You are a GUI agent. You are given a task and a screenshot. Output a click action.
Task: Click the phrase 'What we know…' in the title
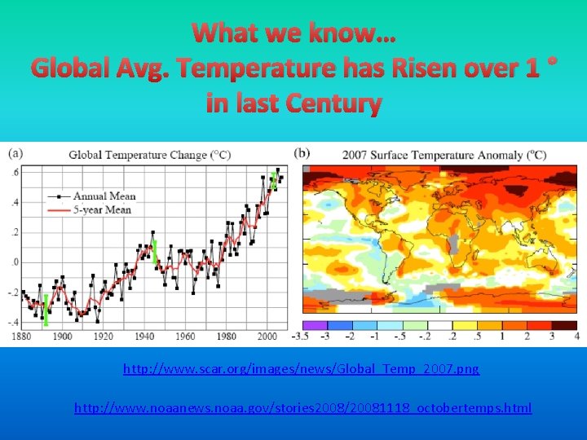293,33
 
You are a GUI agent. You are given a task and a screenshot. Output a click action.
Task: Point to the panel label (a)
16,153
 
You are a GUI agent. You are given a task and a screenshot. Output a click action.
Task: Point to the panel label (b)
302,153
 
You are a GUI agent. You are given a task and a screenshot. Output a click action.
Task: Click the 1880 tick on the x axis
23,337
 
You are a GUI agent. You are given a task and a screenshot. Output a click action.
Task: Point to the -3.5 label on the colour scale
301,336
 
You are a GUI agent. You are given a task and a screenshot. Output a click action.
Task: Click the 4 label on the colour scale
576,336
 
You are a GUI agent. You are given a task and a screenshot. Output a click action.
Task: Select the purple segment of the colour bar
315,323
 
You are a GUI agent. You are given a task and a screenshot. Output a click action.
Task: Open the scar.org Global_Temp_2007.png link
301,369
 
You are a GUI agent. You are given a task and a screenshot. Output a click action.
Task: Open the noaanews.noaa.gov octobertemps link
302,407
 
